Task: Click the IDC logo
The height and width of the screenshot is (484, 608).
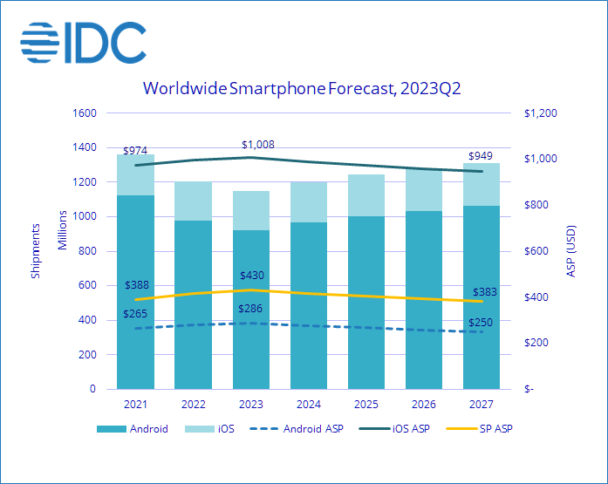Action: point(83,41)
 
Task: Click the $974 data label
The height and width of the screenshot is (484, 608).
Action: point(135,151)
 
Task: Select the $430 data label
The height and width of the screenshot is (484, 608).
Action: point(251,276)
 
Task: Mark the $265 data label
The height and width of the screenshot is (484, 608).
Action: point(135,314)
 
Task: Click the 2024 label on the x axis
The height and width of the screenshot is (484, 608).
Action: point(309,404)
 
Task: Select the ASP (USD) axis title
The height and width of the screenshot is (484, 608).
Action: point(571,251)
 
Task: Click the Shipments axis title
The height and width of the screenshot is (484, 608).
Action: point(36,251)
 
